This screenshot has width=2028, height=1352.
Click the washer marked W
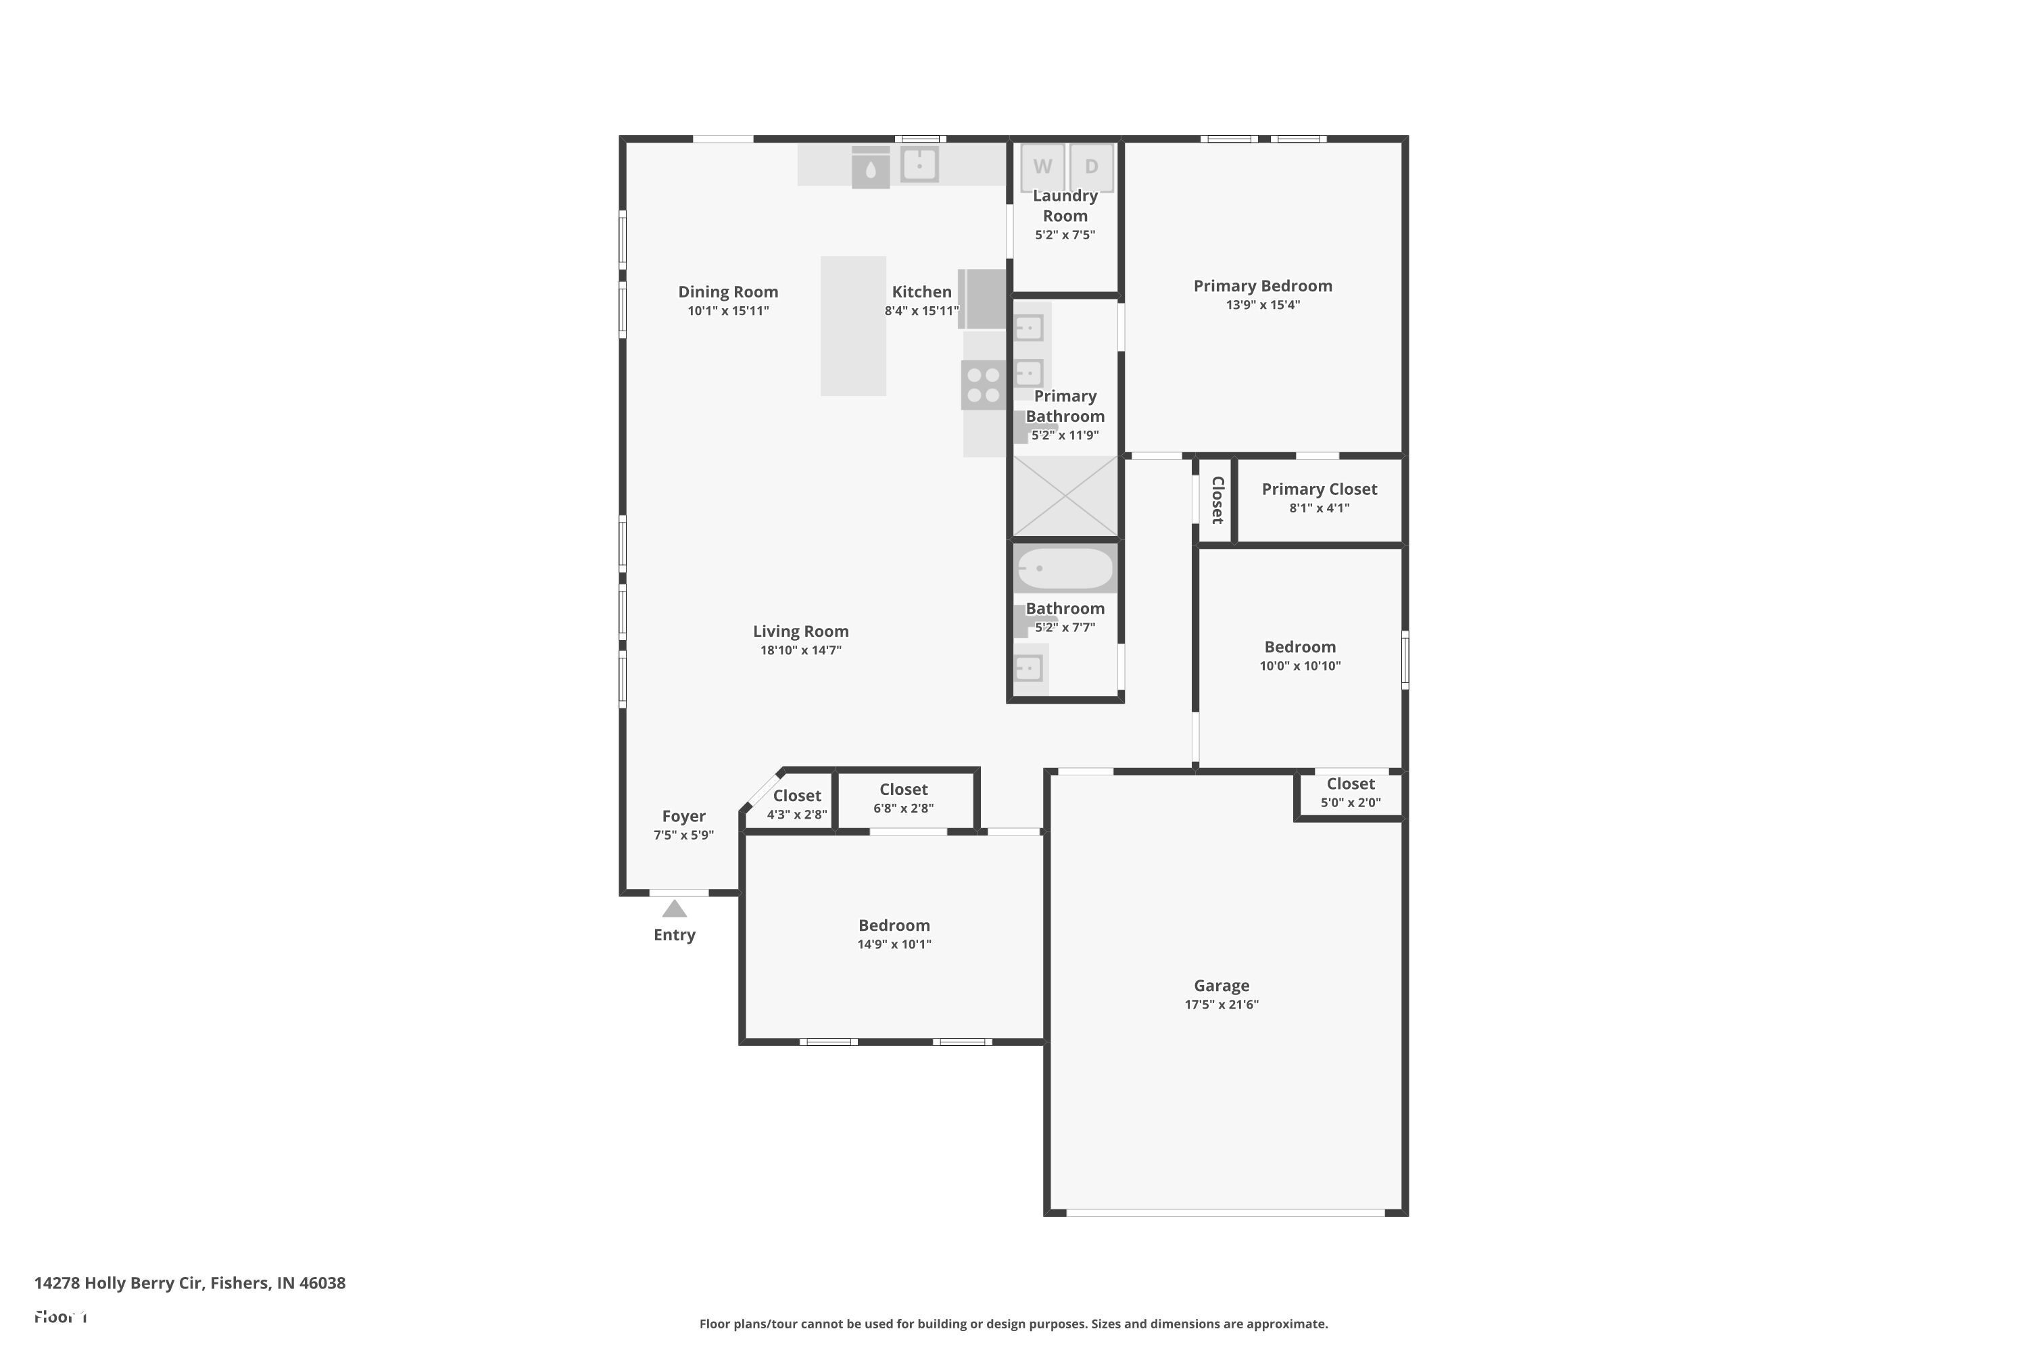[1042, 166]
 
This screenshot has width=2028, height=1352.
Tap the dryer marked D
[1091, 166]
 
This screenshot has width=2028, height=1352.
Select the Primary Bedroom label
[1262, 286]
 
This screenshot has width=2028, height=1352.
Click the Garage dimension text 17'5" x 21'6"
[1221, 1005]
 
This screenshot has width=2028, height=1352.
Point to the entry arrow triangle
[674, 910]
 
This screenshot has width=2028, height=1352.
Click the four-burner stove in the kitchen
[983, 385]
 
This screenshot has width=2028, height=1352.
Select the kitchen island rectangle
[852, 326]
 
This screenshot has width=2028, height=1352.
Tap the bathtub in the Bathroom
[1065, 569]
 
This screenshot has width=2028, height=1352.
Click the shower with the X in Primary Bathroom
[1065, 497]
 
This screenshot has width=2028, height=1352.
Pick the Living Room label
[800, 631]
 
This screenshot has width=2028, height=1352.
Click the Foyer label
[683, 816]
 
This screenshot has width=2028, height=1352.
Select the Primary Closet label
[1318, 489]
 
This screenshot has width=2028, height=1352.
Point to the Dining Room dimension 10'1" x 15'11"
[728, 311]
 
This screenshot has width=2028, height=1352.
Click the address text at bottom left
[190, 1283]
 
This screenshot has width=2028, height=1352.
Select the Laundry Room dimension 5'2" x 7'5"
[1065, 235]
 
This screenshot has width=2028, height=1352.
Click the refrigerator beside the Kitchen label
[983, 299]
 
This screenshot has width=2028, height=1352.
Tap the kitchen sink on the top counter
[919, 164]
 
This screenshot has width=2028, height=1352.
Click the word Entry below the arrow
[674, 935]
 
